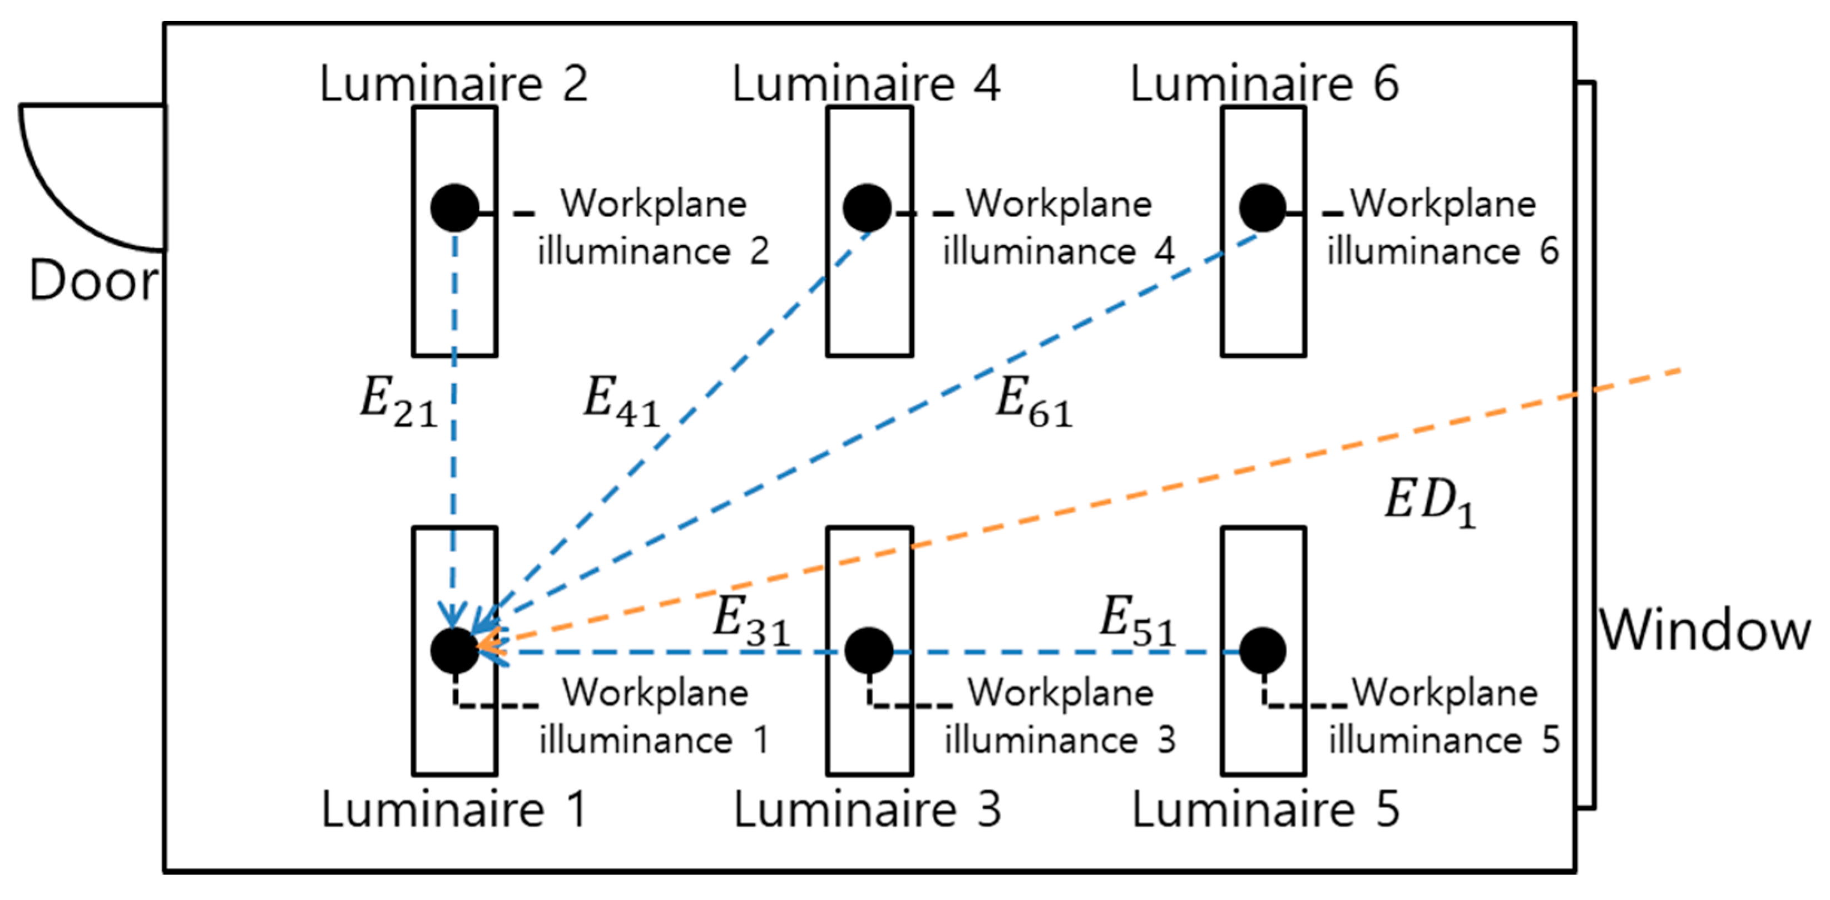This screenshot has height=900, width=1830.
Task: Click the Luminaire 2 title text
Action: point(453,84)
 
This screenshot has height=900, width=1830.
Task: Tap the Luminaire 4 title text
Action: point(866,84)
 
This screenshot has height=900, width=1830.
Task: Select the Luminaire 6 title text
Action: point(1264,84)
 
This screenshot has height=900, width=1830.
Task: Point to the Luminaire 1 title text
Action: point(454,809)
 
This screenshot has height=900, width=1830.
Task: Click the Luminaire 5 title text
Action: point(1265,809)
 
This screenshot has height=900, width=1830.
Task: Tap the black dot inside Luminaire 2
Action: point(454,208)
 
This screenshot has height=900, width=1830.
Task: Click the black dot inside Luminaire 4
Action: point(867,208)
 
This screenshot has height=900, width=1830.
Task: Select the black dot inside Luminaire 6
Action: point(1263,208)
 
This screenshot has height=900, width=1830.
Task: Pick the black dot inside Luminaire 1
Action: point(454,650)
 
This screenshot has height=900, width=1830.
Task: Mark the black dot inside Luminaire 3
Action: point(868,650)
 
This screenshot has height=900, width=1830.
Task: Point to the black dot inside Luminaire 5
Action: point(1263,650)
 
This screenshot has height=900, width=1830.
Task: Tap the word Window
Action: point(1704,630)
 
